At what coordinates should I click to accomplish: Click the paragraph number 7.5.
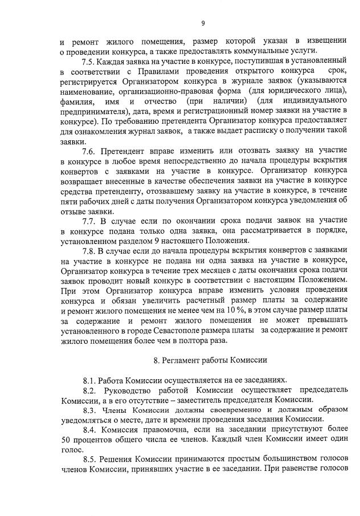point(88,61)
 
